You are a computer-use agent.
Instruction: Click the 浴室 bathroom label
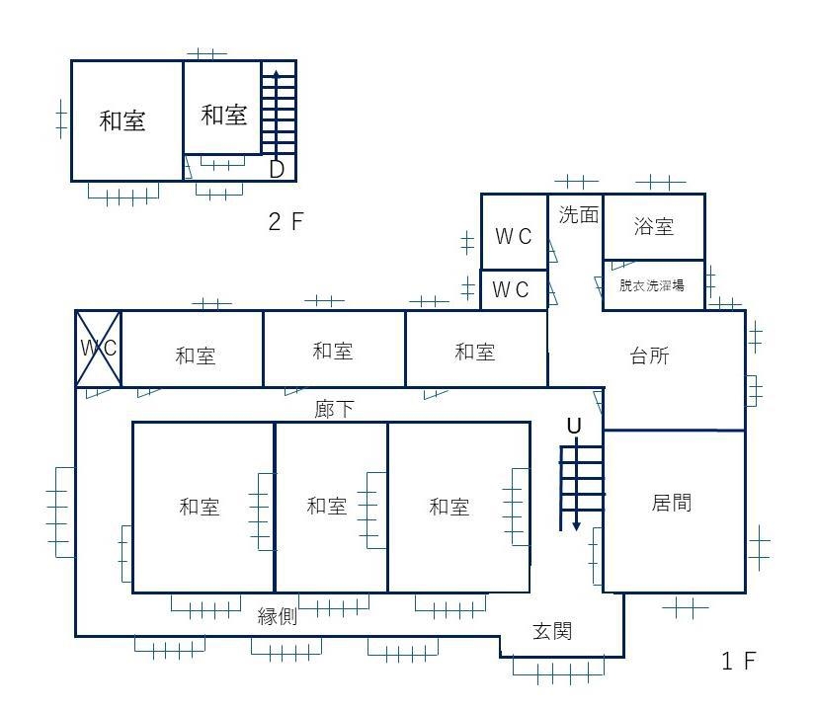(654, 227)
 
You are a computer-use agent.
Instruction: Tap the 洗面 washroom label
(579, 215)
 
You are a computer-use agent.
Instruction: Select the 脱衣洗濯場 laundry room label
(652, 285)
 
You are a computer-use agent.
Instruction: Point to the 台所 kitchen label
(649, 355)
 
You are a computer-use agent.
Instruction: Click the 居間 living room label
(672, 503)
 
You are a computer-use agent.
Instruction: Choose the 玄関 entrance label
(552, 631)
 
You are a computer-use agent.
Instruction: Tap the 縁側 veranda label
(278, 616)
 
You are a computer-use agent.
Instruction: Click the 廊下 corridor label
(335, 409)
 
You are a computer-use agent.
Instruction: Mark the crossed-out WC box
(99, 349)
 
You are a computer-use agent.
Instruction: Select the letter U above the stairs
(574, 426)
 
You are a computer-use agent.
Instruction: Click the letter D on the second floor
(277, 169)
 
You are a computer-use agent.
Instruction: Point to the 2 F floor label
(286, 222)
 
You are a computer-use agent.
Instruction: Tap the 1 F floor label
(739, 661)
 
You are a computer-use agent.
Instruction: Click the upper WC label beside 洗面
(514, 237)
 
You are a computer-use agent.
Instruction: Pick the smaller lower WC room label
(511, 289)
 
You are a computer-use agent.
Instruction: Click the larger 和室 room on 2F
(127, 120)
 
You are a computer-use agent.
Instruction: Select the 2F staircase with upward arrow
(278, 112)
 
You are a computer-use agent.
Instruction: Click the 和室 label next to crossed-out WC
(196, 355)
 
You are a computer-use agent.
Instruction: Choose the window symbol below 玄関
(559, 671)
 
